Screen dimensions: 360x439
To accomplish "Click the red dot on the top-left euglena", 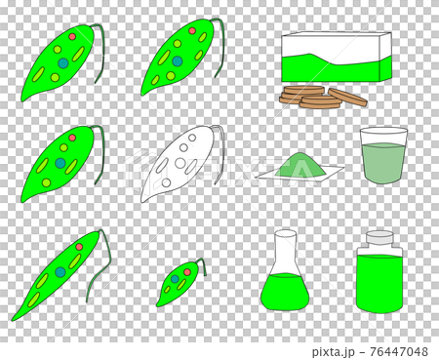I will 72,37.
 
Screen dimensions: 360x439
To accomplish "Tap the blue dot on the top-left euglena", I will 63,62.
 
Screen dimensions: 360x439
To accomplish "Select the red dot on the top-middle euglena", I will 192,31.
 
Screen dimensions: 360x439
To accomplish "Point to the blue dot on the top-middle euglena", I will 177,60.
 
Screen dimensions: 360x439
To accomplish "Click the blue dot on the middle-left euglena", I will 60,164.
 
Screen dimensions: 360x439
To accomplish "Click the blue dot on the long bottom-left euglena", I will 60,271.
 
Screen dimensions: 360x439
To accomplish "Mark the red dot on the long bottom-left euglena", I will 79,247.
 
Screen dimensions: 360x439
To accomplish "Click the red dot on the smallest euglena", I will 187,272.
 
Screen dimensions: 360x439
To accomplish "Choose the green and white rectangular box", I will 336,59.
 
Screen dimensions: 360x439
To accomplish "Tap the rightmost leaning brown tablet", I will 348,97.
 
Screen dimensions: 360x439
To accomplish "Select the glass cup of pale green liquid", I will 382,156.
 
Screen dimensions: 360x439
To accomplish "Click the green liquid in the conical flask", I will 285,291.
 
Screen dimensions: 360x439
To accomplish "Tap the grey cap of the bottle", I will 379,240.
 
